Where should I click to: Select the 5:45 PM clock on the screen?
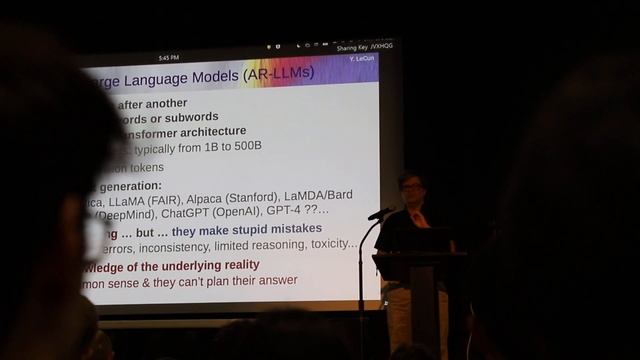click(x=168, y=57)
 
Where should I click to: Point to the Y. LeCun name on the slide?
click(x=360, y=59)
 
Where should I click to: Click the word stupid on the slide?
click(x=243, y=229)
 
